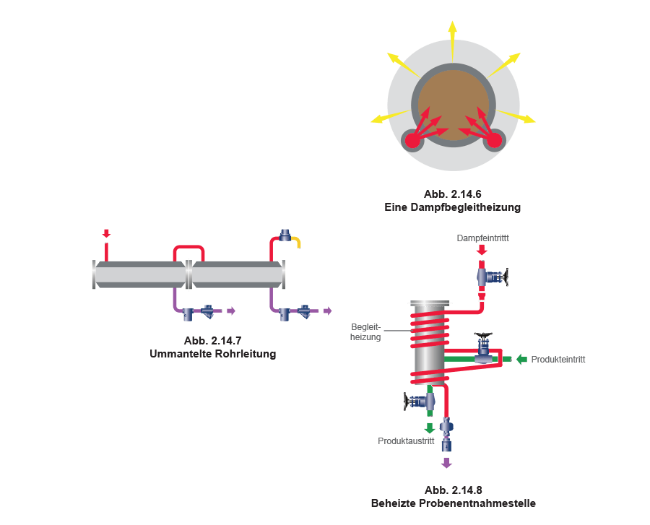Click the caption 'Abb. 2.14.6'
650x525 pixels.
point(452,195)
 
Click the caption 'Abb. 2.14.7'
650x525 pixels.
point(212,341)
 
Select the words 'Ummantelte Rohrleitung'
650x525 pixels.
point(212,354)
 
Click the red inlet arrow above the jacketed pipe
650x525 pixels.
point(107,233)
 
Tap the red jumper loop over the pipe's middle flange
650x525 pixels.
point(188,249)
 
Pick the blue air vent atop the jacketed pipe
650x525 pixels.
point(285,235)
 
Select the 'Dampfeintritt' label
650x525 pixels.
point(483,238)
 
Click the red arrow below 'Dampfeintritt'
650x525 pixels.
point(482,250)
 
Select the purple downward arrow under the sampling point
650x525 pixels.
point(446,461)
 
